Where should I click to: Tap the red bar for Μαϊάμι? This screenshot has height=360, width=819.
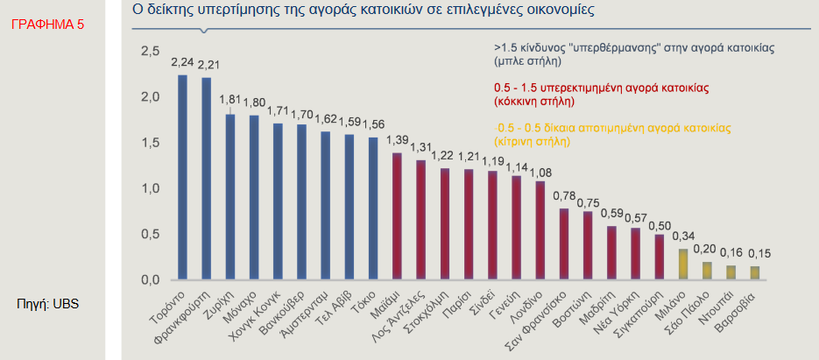pos(396,216)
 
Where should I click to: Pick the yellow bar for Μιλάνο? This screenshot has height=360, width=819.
pos(682,265)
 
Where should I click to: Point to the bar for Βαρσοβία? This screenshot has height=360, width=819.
pos(754,273)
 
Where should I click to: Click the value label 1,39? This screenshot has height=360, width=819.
pos(397,140)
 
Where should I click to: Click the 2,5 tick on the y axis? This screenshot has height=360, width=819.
pos(151,52)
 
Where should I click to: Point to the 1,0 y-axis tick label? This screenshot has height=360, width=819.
pos(151,188)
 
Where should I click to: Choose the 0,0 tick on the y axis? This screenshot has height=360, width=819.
pos(151,279)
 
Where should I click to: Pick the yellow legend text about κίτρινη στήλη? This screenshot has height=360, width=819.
pos(613,133)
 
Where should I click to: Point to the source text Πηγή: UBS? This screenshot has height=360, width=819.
pos(49,304)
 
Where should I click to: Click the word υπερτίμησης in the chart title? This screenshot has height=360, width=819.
pos(258,11)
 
